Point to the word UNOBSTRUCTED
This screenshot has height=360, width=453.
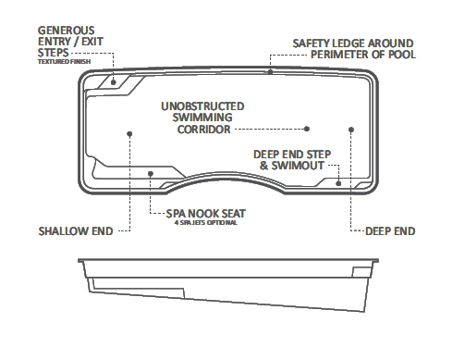click(202, 106)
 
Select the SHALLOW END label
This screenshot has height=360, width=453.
click(75, 230)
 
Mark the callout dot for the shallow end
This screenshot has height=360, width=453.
click(129, 132)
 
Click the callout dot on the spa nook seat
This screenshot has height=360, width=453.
click(151, 171)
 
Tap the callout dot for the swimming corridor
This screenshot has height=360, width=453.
click(308, 129)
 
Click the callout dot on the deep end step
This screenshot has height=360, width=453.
click(340, 183)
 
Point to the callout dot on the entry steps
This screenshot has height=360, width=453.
click(113, 81)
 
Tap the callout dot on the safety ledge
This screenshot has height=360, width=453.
click(270, 70)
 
